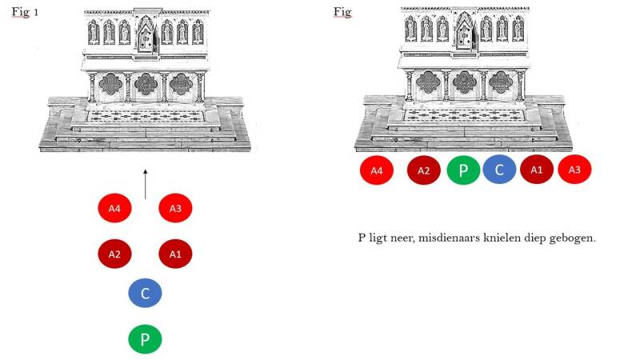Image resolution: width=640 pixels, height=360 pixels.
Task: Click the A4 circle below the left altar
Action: click(x=114, y=209)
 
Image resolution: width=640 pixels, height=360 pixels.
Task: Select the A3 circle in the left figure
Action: click(x=176, y=209)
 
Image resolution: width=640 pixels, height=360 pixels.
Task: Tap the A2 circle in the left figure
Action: click(x=114, y=254)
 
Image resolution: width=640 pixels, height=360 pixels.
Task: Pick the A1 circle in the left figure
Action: click(x=176, y=254)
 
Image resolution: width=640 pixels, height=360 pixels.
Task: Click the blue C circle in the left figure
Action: click(x=145, y=294)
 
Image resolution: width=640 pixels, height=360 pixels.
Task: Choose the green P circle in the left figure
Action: click(x=145, y=339)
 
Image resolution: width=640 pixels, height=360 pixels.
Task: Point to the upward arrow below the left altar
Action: click(x=145, y=183)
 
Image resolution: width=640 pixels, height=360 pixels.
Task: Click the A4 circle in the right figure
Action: click(x=377, y=170)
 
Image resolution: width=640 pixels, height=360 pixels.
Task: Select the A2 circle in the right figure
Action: click(x=424, y=170)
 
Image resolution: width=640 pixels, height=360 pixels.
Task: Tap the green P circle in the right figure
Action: click(x=463, y=170)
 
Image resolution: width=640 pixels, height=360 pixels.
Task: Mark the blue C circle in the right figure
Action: click(x=500, y=170)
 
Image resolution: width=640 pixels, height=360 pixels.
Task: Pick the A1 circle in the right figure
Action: click(x=537, y=170)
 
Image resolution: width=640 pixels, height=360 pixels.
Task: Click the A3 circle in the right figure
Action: click(x=574, y=170)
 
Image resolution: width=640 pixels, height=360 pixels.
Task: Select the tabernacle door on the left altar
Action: click(x=146, y=35)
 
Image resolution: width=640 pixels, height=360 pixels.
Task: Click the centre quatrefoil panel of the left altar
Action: click(x=146, y=85)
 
